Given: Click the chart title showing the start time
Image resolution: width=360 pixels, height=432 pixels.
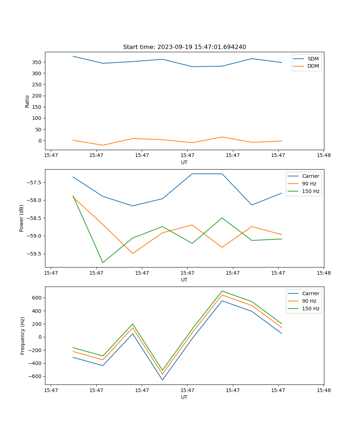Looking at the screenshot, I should coord(184,47).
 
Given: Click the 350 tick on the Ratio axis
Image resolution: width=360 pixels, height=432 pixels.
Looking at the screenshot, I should coord(37,62).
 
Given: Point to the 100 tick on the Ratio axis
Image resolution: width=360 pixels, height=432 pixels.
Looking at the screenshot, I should coord(37,118).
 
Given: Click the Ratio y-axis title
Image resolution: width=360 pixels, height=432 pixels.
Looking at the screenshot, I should coord(27,102).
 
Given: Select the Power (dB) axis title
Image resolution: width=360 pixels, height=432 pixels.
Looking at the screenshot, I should coord(22,218).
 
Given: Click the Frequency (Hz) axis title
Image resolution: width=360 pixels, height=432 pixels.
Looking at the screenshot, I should coord(23,336).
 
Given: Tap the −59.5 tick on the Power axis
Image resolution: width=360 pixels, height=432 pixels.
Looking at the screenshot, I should coord(34,254).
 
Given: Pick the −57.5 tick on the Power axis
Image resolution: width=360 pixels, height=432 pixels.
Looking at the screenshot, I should coord(34,183).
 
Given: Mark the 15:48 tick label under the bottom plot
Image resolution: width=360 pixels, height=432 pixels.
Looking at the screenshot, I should coord(323,390).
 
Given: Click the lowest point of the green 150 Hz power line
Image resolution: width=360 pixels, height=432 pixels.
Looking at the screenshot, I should coord(103,262).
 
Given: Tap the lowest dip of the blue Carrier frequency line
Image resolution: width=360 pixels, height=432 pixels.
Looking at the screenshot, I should coord(162,380).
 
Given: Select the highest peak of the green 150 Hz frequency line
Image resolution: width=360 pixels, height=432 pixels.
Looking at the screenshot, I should coord(222,291).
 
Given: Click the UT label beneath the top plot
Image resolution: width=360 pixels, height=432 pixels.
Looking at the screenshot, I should coord(184,162).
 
